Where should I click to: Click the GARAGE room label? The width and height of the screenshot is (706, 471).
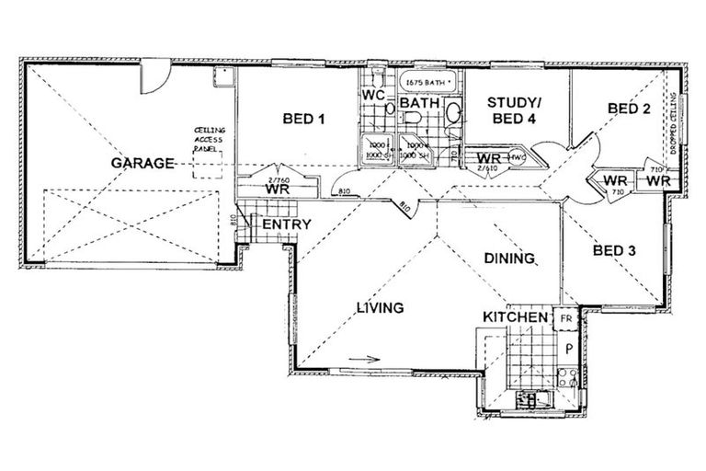pos(142,164)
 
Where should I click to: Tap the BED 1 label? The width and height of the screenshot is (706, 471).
pos(302,119)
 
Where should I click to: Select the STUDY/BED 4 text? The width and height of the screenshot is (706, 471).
pos(512,110)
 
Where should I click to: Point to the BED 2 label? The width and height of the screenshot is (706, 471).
pos(629,109)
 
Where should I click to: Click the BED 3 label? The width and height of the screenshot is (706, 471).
pos(615,249)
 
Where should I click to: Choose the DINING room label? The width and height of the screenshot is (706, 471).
pos(509,259)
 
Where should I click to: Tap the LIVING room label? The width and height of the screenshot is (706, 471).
pos(381,308)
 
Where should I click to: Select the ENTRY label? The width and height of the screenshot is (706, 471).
pos(287,224)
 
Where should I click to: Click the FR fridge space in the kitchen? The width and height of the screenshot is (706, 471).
pos(565,318)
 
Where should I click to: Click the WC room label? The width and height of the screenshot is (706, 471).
pos(372,95)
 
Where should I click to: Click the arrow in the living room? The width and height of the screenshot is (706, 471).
pos(363,361)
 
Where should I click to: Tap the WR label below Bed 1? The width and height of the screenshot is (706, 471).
pos(279,189)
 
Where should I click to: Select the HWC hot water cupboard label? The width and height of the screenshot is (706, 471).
pos(517,158)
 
